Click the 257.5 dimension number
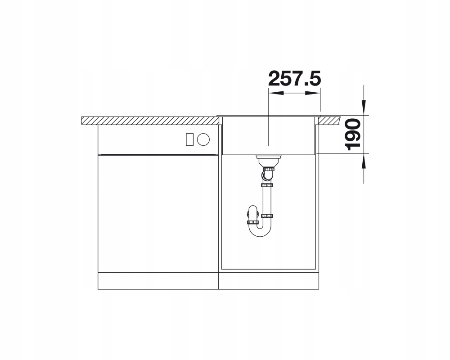pos(294,78)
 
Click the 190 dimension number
pos(353,135)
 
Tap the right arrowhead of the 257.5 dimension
pos(313,93)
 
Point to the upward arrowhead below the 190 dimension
pos(364,161)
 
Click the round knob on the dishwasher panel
pos(203,139)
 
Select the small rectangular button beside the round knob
pos(189,139)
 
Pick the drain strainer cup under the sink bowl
pos(268,161)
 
